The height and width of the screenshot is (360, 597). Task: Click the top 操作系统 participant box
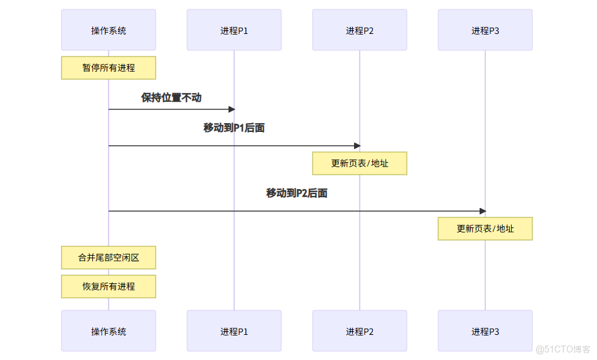pos(109,30)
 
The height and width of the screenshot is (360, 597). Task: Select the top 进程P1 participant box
pos(234,30)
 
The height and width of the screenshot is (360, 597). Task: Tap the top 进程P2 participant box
pos(360,30)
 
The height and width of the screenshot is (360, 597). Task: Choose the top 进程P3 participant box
pos(485,30)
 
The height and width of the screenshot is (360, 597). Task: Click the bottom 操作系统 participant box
pos(109,331)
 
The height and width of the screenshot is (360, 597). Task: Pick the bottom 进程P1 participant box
pos(234,331)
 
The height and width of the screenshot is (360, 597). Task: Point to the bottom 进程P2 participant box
pos(360,331)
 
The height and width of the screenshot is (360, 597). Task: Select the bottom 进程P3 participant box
pos(485,331)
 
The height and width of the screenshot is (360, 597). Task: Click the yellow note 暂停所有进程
pos(109,68)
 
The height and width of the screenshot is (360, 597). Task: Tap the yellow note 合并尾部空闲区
pos(109,258)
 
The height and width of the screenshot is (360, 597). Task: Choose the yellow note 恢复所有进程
pos(109,286)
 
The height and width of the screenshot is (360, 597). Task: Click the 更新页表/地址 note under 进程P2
pos(360,163)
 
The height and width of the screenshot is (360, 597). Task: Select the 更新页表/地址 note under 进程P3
pos(485,229)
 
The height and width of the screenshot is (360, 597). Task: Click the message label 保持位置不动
pos(171,98)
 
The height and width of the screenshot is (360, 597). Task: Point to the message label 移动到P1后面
pos(234,128)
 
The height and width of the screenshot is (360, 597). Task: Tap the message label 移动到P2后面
pos(297,194)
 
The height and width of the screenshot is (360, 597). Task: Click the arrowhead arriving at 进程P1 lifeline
pos(231,109)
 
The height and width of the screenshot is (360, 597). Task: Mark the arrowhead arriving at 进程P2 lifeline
pos(357,146)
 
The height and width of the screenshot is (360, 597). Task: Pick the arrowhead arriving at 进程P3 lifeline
pos(482,211)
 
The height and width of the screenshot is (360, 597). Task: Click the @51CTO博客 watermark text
pos(563,350)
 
